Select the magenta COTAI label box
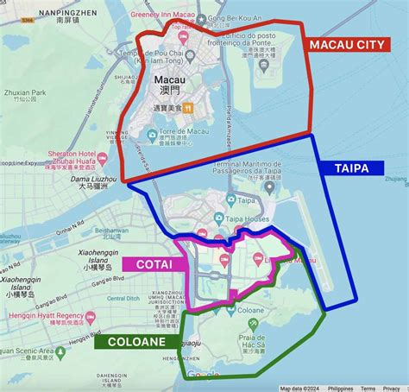click(x=154, y=264)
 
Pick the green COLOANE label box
click(x=136, y=341)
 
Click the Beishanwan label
click(x=110, y=231)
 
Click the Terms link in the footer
click(x=368, y=389)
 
